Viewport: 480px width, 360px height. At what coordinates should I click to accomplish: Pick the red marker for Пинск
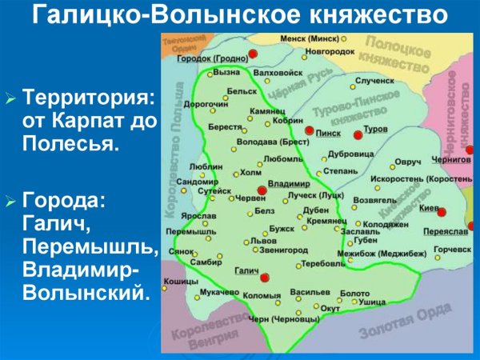click(x=309, y=130)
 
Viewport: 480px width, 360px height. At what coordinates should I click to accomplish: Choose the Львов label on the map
click(x=263, y=240)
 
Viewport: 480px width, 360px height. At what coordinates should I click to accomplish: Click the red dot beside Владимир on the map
click(x=262, y=190)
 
